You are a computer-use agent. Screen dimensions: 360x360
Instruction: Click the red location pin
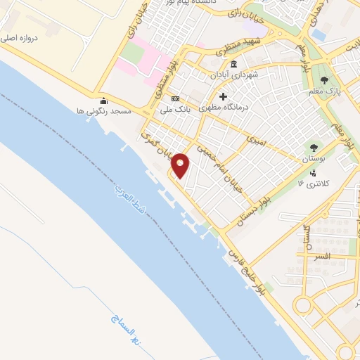click(181, 165)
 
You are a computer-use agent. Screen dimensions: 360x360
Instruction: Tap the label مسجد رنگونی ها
click(103, 111)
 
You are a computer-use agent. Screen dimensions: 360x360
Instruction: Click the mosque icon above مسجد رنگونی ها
click(104, 101)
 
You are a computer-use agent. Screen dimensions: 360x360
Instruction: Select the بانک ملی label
click(174, 109)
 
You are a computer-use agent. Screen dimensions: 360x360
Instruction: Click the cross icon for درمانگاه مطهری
click(224, 96)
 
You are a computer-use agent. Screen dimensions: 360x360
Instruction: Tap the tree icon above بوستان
click(314, 148)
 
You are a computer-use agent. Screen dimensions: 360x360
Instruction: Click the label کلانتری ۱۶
click(314, 184)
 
